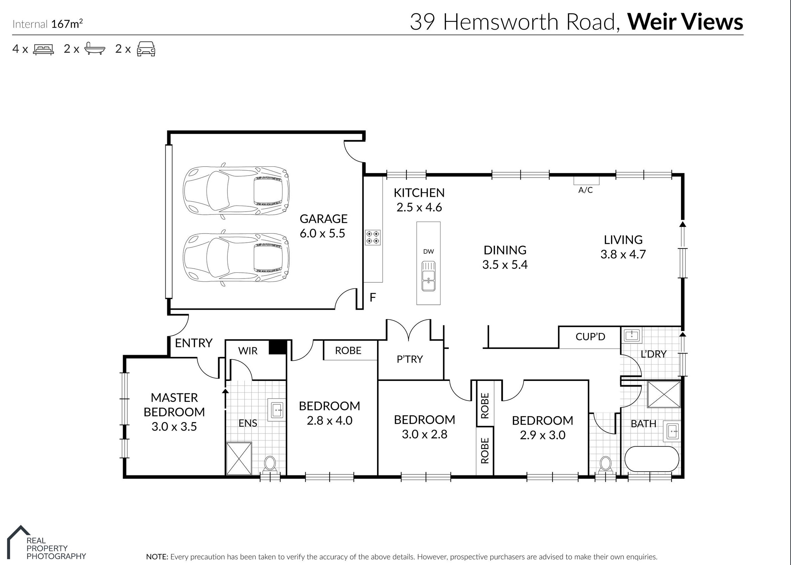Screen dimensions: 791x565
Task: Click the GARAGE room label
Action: click(x=323, y=218)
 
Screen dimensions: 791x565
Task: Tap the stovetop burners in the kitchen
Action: click(x=372, y=237)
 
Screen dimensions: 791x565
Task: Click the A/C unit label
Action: click(x=585, y=190)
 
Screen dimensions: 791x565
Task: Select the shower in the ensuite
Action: click(x=239, y=458)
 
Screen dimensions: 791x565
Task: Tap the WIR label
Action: click(x=248, y=351)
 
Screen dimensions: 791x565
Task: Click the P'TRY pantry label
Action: click(x=410, y=359)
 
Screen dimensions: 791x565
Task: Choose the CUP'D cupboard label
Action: click(x=590, y=336)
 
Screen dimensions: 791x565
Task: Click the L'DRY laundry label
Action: click(x=654, y=354)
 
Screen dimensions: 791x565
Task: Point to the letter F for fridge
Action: click(x=372, y=298)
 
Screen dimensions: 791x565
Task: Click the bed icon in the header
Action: click(x=44, y=49)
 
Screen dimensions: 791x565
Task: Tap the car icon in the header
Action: click(x=146, y=49)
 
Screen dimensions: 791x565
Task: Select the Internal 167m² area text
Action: click(x=48, y=24)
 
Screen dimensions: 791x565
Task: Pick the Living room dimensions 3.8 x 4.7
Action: click(x=623, y=254)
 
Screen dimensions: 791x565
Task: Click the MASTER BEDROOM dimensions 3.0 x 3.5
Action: click(x=174, y=427)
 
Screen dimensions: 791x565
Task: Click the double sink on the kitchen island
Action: click(x=428, y=276)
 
